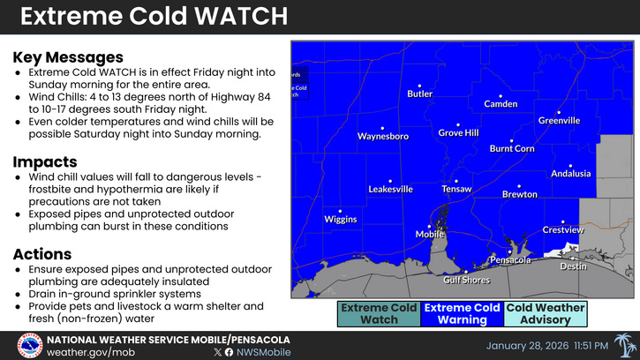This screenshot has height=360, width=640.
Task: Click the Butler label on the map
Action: click(419, 94)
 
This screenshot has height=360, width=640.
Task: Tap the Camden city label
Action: click(501, 104)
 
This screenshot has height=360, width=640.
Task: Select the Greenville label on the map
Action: click(559, 120)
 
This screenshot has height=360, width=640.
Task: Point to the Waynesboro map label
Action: click(382, 137)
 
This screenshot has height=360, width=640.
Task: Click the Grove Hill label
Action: click(458, 133)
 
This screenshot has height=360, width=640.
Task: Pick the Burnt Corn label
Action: click(512, 149)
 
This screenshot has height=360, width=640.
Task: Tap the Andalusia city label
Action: click(570, 174)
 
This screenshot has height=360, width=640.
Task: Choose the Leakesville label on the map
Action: click(390, 190)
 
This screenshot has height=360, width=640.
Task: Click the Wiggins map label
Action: click(340, 219)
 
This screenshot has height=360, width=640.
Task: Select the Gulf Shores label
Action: click(466, 280)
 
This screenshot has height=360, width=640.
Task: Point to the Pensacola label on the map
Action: click(510, 260)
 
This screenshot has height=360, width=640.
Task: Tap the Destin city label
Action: click(573, 266)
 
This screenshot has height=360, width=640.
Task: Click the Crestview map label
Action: click(562, 230)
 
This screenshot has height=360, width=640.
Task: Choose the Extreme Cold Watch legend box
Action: click(377, 314)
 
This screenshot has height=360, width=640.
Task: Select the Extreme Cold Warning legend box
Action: click(462, 314)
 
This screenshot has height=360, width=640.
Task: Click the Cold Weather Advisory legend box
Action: click(546, 314)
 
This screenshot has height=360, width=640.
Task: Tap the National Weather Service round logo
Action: click(29, 345)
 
